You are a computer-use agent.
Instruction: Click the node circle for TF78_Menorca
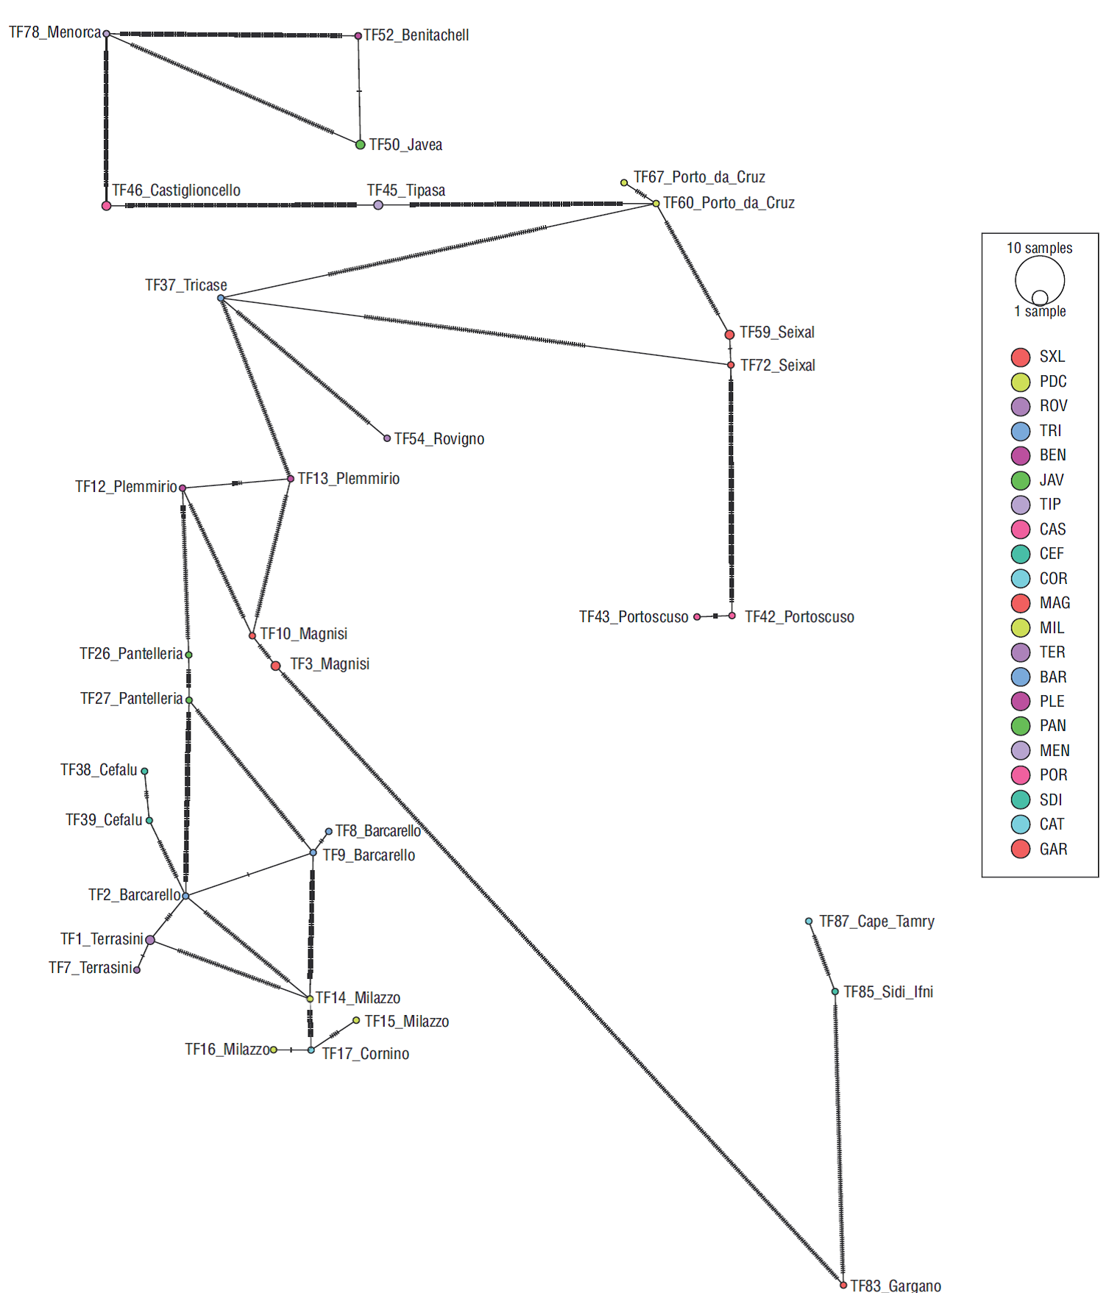coord(107,34)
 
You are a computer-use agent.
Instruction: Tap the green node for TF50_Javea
coord(360,145)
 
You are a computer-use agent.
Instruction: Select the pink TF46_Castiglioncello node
coord(107,206)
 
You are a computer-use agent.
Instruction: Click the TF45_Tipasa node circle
coord(378,205)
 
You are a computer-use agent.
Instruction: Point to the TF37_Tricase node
coord(221,298)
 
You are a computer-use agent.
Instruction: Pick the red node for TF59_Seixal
coord(729,335)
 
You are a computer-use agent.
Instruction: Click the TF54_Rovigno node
coord(387,438)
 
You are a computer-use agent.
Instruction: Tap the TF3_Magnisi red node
coord(275,666)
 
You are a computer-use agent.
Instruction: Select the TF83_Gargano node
coord(843,1285)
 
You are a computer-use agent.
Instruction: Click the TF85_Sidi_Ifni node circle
coord(835,991)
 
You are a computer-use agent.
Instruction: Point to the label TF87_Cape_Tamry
coord(876,922)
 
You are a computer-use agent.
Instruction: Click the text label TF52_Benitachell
coord(416,35)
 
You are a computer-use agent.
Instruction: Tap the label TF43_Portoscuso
coord(633,617)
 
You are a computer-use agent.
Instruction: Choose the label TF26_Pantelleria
coord(130,654)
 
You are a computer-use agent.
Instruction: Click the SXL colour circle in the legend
coord(1021,357)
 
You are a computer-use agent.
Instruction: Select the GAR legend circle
coord(1021,849)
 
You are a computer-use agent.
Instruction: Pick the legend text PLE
coord(1052,702)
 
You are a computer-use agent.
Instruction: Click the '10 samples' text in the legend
coord(1039,248)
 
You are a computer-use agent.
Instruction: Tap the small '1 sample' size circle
coord(1040,298)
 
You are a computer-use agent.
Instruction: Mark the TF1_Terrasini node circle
coord(150,940)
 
